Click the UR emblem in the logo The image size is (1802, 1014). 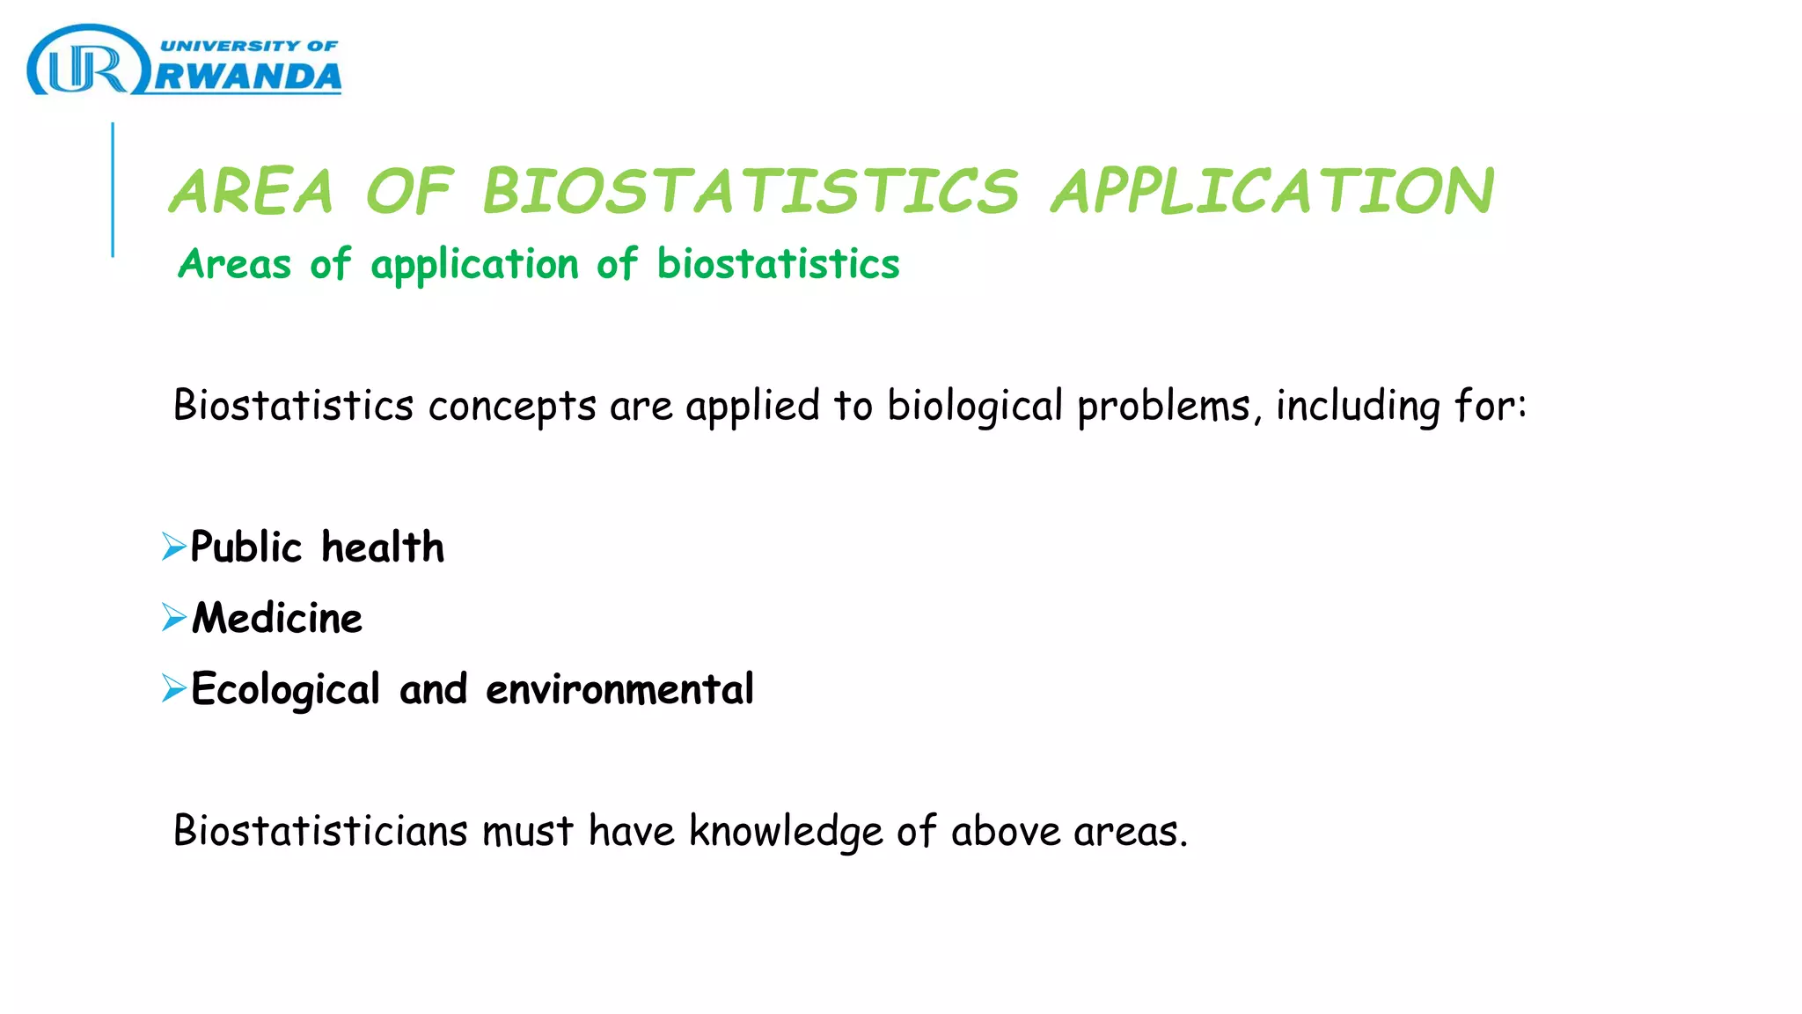[x=86, y=63]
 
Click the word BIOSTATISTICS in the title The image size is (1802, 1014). [x=751, y=191]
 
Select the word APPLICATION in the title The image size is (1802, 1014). [x=1272, y=191]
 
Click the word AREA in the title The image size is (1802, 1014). [x=253, y=191]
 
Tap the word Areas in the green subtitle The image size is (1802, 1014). [x=234, y=264]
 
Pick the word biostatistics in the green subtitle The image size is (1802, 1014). [x=778, y=264]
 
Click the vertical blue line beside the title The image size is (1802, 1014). [x=113, y=189]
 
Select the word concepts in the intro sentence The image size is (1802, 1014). [x=512, y=406]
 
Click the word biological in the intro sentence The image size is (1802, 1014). [x=975, y=406]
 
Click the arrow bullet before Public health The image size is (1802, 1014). [x=173, y=547]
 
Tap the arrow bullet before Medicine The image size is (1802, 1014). [x=173, y=617]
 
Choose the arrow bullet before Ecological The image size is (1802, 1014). [x=173, y=688]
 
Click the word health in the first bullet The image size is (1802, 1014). [x=383, y=547]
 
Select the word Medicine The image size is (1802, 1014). [x=277, y=618]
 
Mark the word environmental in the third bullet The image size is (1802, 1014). [x=619, y=689]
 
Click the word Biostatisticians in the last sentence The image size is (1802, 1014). [x=320, y=831]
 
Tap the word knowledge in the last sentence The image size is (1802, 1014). [x=786, y=831]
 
